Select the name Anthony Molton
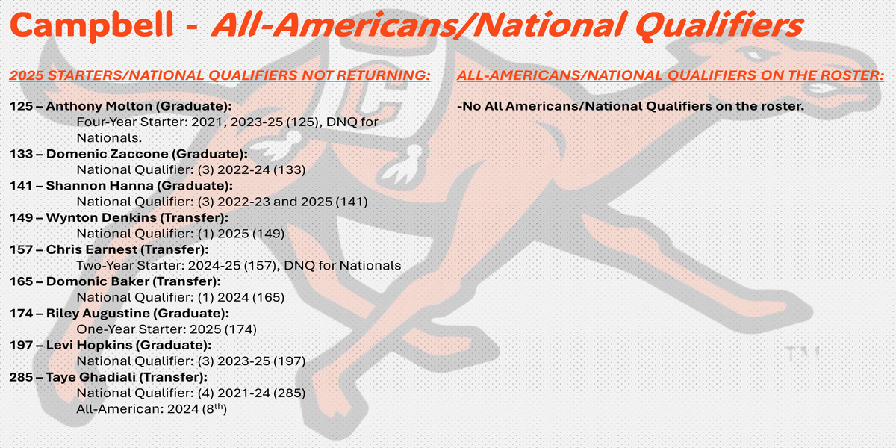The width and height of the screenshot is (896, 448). coord(99,106)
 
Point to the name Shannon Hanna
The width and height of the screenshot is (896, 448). coord(99,186)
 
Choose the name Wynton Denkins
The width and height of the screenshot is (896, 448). coord(102,217)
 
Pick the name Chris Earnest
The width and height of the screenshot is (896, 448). coord(92,249)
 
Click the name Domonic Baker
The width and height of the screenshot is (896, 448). coord(98,281)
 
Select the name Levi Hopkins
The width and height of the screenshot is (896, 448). coord(89,345)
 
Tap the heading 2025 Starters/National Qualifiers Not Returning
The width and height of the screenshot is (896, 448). coord(220,75)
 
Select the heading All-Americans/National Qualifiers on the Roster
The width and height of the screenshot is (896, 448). coord(671,75)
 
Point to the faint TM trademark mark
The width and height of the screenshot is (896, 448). coord(802,354)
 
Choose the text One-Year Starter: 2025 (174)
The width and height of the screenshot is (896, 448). coord(167,329)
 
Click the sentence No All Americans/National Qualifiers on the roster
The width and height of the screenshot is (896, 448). coord(630,106)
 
